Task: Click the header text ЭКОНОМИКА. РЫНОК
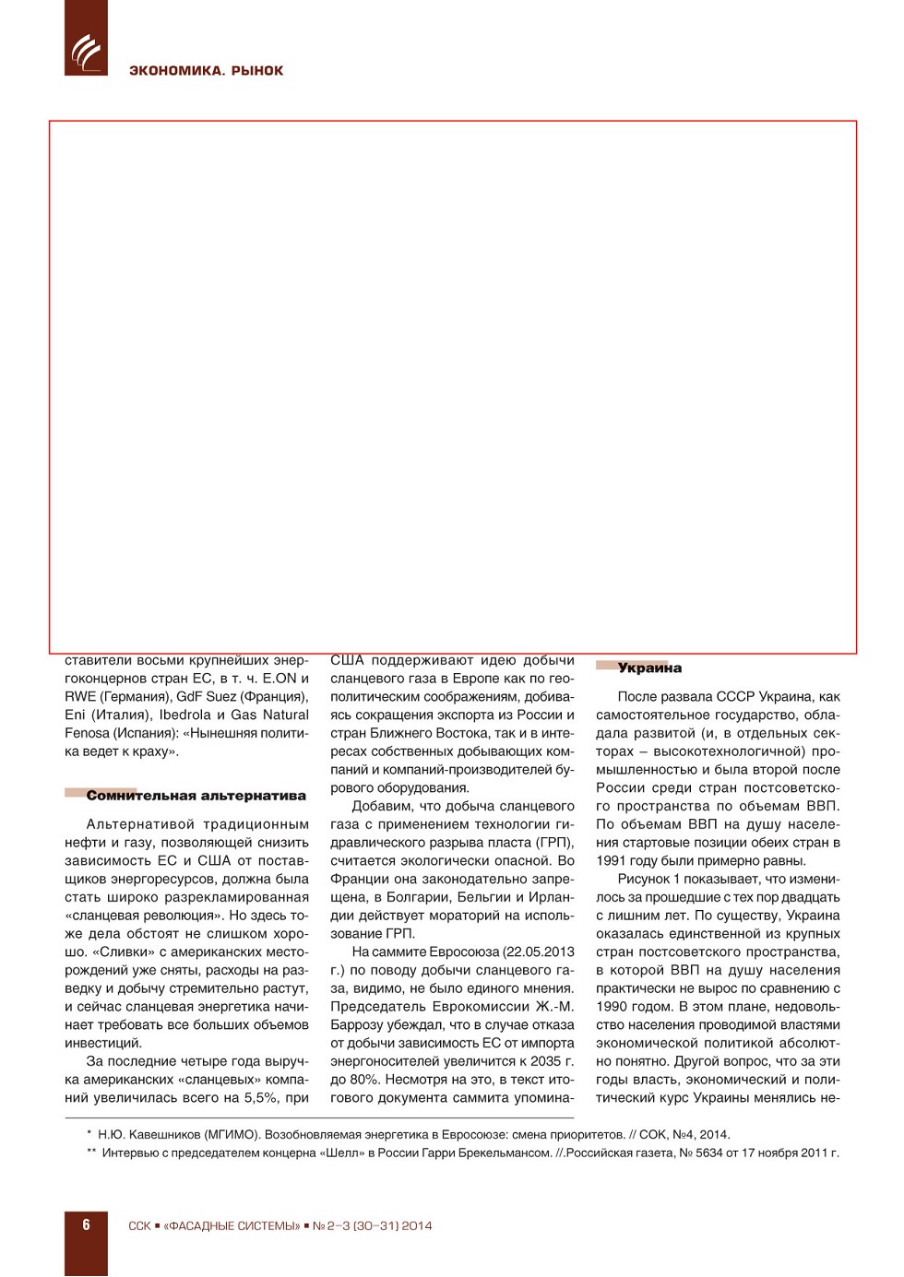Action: click(x=206, y=71)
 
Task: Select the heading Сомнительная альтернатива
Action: click(x=196, y=796)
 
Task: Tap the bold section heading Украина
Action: click(x=649, y=668)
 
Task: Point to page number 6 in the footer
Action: click(x=86, y=1224)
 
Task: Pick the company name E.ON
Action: click(x=280, y=679)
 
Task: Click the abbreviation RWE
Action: click(x=80, y=697)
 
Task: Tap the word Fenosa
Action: click(x=87, y=733)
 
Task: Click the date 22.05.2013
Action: click(x=531, y=952)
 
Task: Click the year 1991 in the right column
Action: click(x=613, y=861)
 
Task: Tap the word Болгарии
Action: click(x=415, y=897)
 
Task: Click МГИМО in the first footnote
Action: click(x=208, y=1135)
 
